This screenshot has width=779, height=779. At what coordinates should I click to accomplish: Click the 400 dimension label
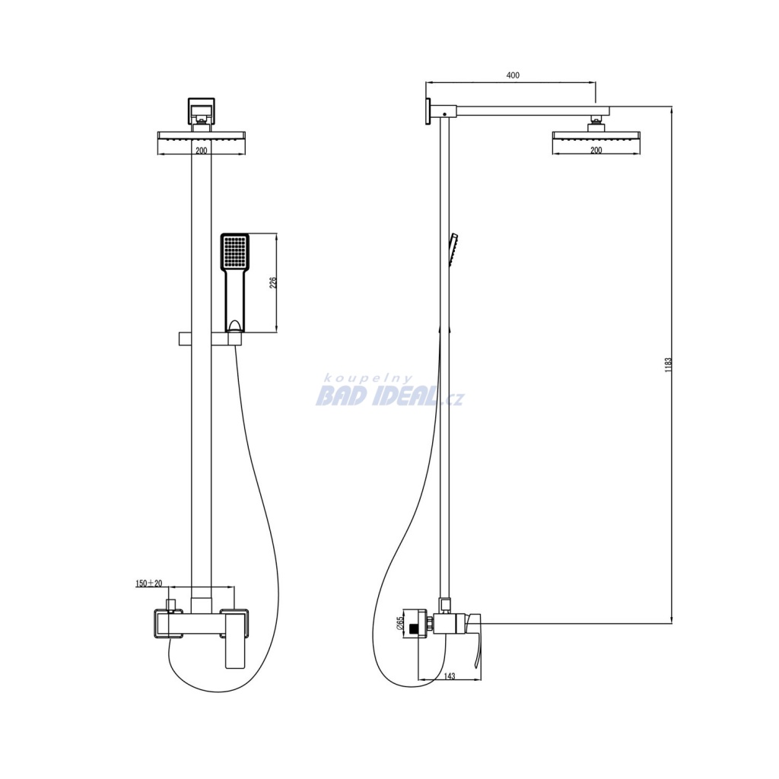point(513,75)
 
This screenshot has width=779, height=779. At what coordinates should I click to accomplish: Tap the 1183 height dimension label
point(668,364)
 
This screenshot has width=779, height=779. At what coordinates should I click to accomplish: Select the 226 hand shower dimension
point(273,283)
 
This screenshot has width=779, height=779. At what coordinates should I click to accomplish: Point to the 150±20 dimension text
point(149,583)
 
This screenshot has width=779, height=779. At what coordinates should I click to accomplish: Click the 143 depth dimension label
point(449,676)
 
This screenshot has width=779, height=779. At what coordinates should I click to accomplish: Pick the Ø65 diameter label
point(399,624)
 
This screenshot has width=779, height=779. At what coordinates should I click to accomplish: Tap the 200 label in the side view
point(596,150)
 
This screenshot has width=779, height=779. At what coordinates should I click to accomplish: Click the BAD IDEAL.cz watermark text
point(390,397)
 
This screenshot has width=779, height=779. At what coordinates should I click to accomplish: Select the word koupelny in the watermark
point(368,379)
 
